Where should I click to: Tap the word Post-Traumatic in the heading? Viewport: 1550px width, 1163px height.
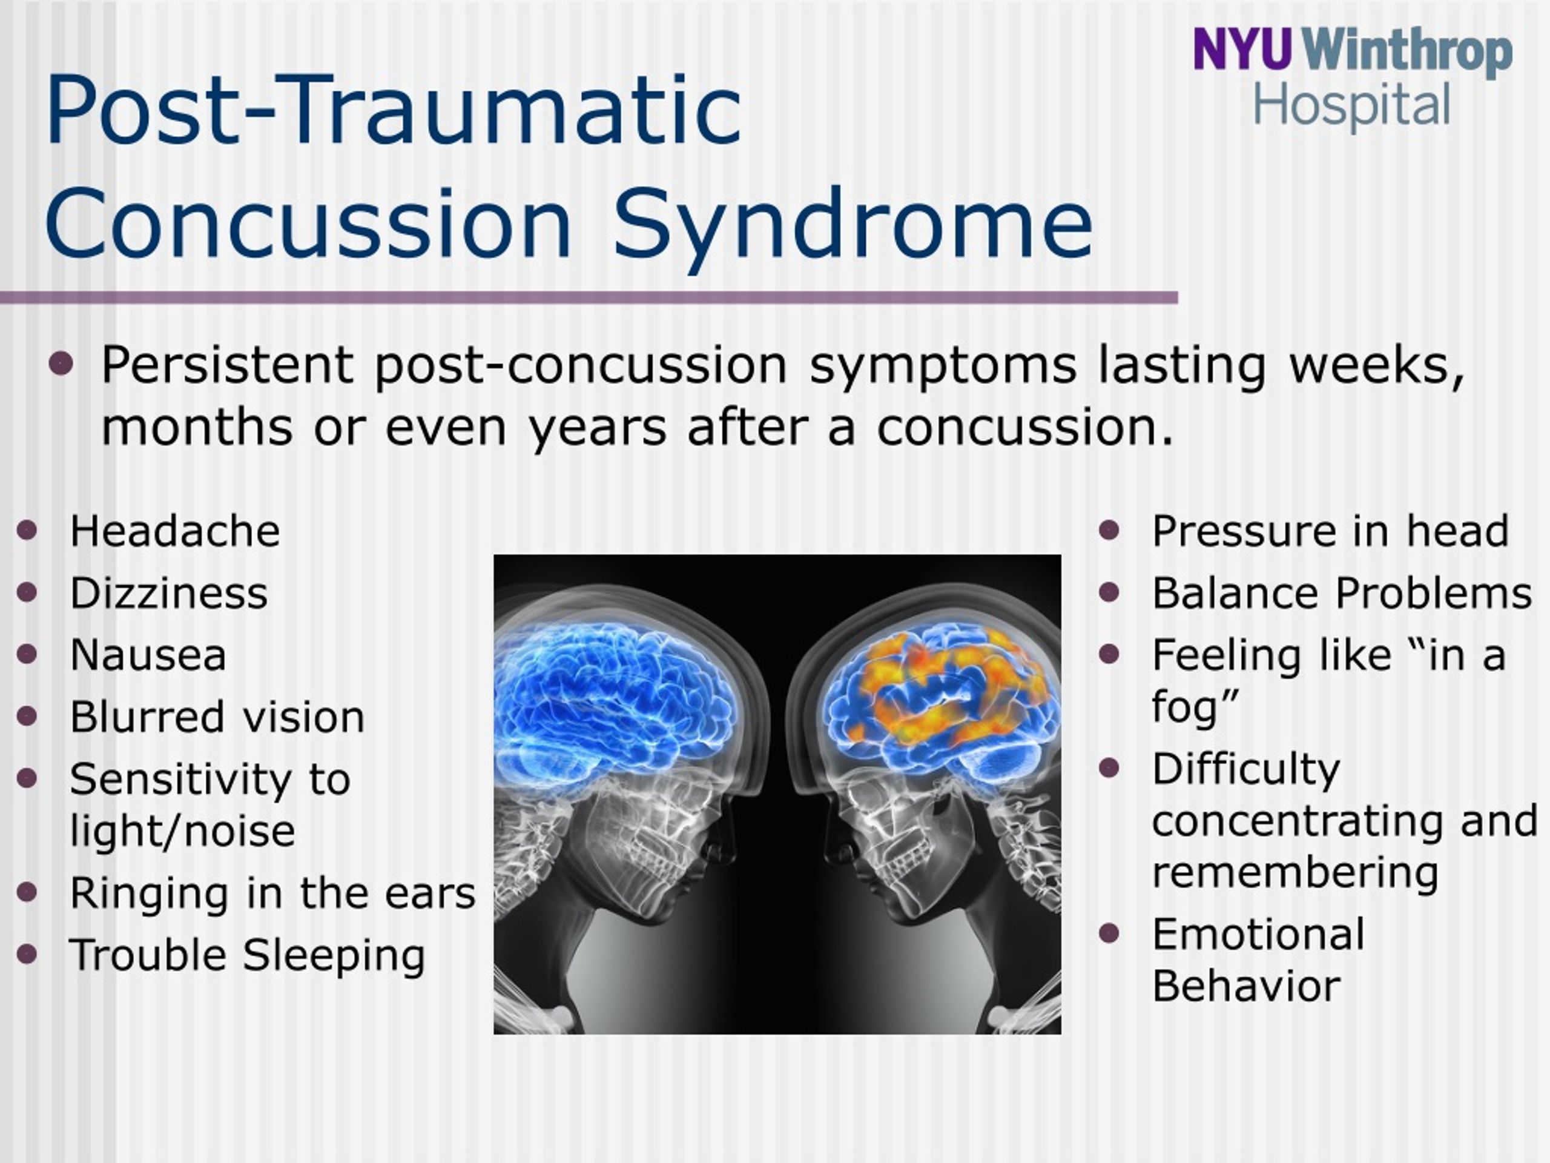point(394,111)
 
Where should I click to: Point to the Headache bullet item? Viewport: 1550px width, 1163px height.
point(174,531)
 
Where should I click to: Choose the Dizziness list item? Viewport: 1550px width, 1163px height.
point(169,593)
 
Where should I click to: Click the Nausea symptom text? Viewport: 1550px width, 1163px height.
point(148,655)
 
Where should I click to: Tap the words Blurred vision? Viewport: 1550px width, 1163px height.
point(217,717)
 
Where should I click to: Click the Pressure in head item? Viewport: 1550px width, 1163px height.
point(1330,531)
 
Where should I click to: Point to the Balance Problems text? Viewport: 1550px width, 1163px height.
point(1342,593)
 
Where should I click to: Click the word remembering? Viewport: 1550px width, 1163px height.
point(1295,874)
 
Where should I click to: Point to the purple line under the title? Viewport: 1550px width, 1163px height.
point(589,298)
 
